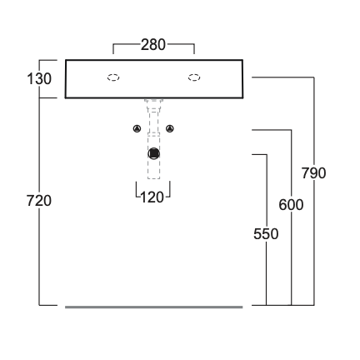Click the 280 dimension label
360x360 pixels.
153,45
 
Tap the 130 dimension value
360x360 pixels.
39,79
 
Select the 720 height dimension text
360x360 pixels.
39,201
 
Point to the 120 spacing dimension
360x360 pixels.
152,197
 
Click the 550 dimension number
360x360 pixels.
266,234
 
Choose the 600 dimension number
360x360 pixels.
291,205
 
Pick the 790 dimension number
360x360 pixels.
313,173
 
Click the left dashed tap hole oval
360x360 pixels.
113,77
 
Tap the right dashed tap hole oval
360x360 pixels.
194,77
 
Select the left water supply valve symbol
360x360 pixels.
137,128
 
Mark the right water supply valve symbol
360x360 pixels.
170,128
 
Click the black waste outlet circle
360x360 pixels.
153,153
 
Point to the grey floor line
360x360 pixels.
154,307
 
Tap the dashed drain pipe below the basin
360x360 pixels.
153,139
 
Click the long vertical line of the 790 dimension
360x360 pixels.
314,191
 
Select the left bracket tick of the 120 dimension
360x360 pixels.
137,189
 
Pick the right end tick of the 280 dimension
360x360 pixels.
194,49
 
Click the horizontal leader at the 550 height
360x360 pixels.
259,154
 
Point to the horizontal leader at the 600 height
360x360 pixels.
272,130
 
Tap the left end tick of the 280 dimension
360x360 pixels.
113,49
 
